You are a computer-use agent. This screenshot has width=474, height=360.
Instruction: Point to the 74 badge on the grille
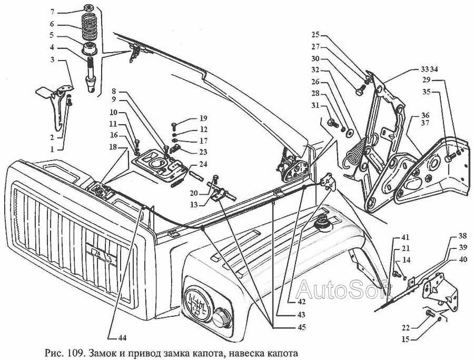tap(100, 254)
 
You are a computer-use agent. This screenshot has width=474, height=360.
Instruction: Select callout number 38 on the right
tap(461, 235)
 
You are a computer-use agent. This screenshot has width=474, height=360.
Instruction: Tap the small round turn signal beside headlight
tap(221, 317)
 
